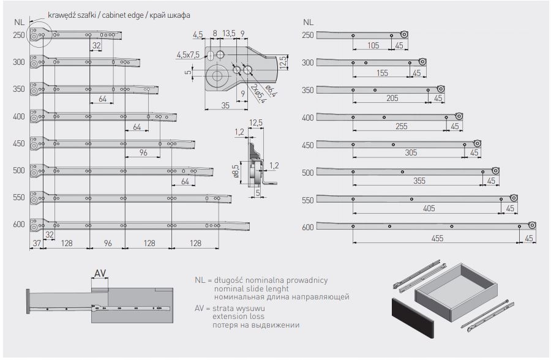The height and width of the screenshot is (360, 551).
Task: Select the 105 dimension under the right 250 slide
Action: (373, 46)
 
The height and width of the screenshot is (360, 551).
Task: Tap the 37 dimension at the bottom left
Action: (37, 244)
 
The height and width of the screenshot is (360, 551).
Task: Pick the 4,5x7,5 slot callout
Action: (188, 55)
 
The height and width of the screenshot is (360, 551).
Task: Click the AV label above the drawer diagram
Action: (100, 273)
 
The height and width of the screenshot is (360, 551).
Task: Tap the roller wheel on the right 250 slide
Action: (404, 34)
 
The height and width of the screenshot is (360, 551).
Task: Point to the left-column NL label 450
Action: (19, 143)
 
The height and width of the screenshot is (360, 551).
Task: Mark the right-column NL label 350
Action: (307, 90)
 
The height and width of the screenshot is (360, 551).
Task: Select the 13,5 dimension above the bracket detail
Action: (230, 34)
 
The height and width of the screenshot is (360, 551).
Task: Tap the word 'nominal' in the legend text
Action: (228, 288)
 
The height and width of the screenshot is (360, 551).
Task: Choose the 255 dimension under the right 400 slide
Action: (401, 127)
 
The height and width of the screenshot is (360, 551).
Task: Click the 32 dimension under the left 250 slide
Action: (97, 46)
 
